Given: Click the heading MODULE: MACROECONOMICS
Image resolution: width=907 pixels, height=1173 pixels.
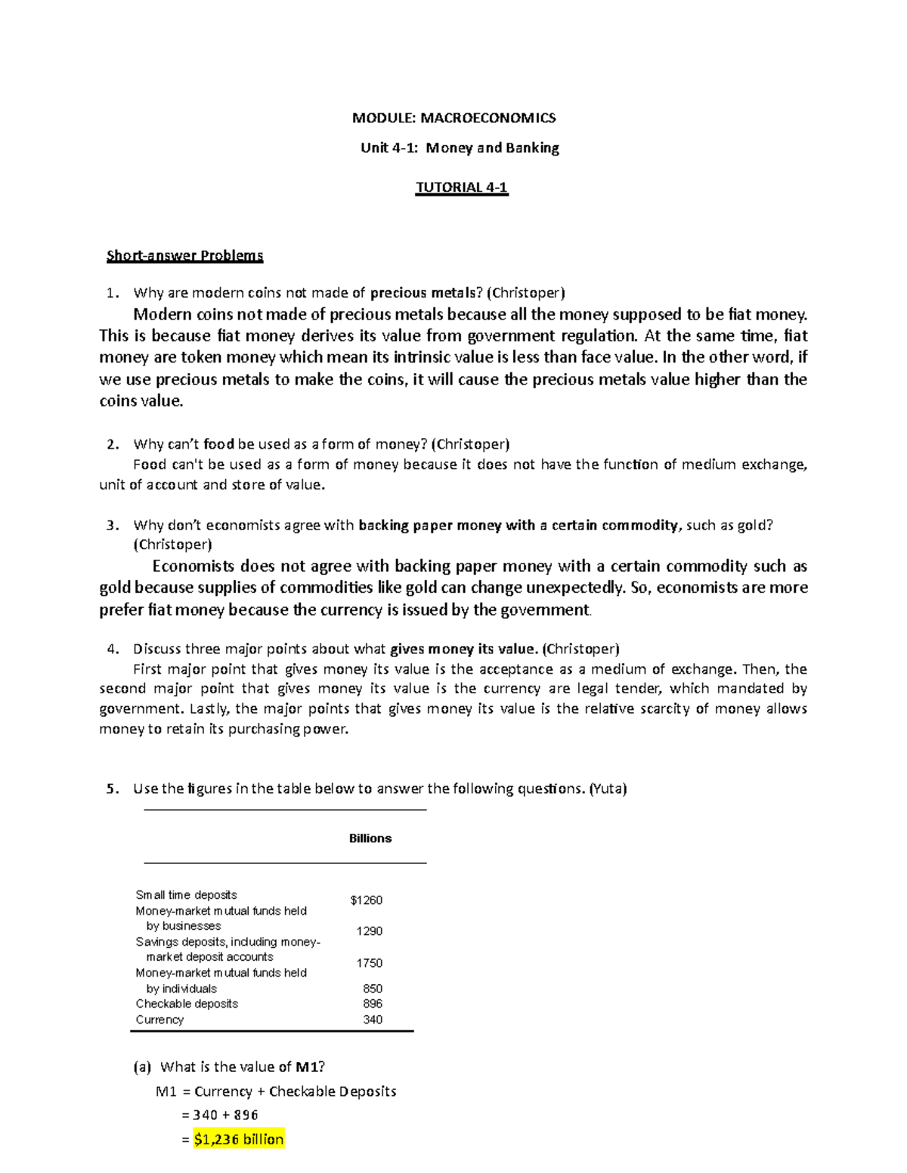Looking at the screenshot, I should (453, 118).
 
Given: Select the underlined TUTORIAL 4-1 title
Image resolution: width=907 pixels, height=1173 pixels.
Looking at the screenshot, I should (462, 187).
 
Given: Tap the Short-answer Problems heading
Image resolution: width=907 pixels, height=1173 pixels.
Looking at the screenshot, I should (184, 255).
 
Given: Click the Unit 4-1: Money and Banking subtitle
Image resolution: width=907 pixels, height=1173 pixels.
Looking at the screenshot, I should (460, 148).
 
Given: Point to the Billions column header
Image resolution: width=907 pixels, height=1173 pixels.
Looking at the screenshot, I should (370, 838).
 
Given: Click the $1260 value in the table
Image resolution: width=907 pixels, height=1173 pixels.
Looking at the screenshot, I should (367, 900).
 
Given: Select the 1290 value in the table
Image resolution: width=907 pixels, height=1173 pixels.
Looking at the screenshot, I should (370, 931).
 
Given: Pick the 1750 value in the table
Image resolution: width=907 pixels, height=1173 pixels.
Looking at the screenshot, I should (370, 963).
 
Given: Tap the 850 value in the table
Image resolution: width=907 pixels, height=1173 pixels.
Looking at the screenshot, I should (373, 989).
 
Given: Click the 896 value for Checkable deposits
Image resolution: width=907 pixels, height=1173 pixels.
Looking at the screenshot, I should (373, 1004).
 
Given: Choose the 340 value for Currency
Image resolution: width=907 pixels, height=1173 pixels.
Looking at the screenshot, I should (373, 1020).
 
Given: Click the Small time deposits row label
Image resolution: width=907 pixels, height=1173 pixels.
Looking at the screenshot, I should (186, 895).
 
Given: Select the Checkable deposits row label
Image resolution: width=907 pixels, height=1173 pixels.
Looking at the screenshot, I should (187, 1004).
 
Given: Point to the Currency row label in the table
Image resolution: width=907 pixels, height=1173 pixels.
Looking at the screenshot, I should (159, 1020).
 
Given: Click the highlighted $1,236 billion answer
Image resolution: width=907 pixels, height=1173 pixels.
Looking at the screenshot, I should (239, 1140).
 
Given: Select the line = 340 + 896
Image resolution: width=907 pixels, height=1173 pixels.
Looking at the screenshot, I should (220, 1115).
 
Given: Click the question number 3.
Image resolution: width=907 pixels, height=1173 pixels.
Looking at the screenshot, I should (112, 526).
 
